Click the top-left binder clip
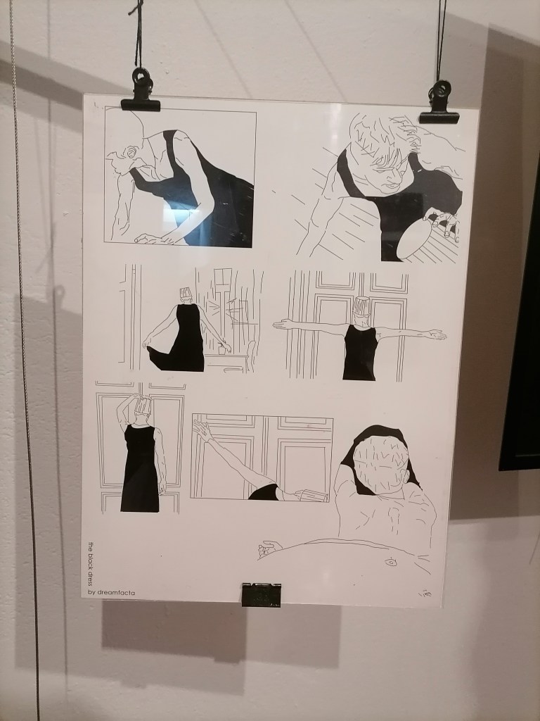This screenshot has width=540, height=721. click(x=141, y=92)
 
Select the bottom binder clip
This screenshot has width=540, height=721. click(x=262, y=594)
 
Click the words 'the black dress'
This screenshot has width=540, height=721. click(x=91, y=564)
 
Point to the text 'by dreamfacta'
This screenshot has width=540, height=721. click(x=112, y=592)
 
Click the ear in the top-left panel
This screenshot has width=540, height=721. click(x=132, y=152)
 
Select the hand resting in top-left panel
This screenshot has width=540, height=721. click(x=154, y=239)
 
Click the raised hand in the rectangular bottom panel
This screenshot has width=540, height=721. click(x=200, y=430)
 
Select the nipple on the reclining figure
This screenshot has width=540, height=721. click(x=390, y=561)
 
